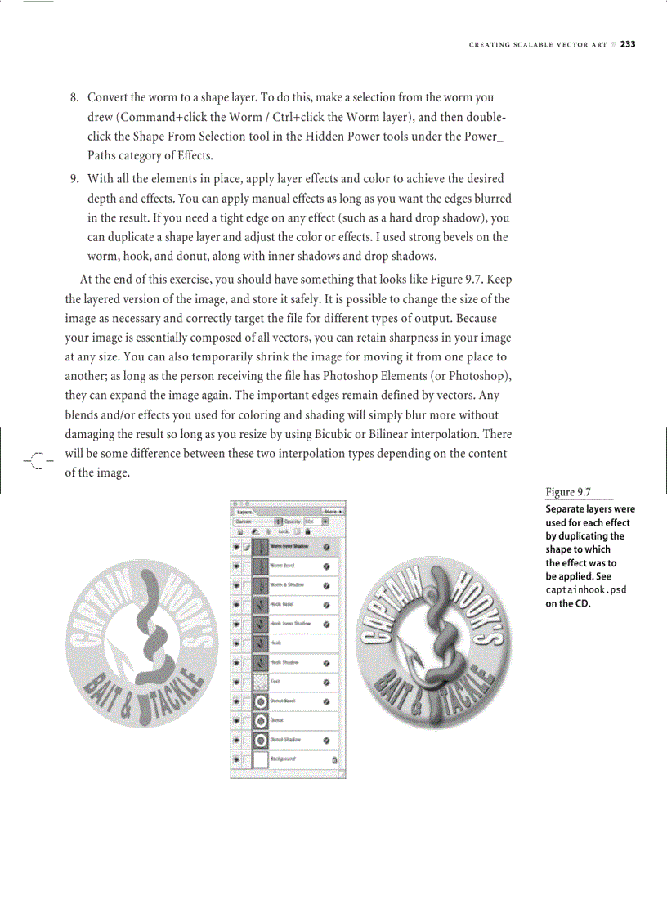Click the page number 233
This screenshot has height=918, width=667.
[627, 44]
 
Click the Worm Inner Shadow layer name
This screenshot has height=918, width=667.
[289, 546]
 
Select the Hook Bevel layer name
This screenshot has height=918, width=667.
[282, 605]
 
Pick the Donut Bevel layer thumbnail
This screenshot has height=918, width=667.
[261, 701]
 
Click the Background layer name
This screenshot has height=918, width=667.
[284, 759]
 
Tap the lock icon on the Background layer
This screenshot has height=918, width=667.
[334, 759]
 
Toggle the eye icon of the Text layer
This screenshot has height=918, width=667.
[237, 682]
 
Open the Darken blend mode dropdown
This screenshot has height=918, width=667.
[256, 520]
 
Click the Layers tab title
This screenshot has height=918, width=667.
[245, 510]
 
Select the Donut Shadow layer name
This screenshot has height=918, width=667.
[286, 740]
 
